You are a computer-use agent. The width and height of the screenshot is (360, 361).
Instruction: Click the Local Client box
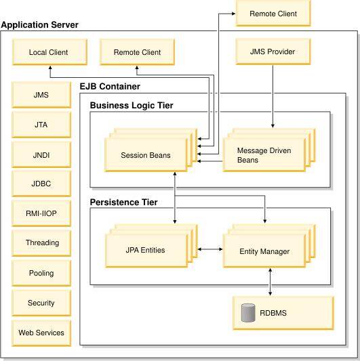click(49, 52)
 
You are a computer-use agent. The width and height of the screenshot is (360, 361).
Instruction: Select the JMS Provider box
click(273, 51)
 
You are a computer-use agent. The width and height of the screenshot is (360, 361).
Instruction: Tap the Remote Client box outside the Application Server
click(273, 13)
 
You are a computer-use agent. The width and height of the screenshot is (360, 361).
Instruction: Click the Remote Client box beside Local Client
click(137, 52)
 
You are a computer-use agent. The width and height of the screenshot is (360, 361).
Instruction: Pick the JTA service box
click(41, 125)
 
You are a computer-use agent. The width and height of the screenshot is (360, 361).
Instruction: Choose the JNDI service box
click(41, 154)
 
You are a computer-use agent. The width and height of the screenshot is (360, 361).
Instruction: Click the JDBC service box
click(41, 184)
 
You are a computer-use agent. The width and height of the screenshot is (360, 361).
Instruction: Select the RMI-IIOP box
click(41, 213)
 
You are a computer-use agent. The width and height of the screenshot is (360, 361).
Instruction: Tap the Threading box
click(41, 243)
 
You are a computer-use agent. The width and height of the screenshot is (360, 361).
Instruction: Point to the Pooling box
click(41, 273)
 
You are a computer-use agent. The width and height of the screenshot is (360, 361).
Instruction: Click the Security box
click(41, 303)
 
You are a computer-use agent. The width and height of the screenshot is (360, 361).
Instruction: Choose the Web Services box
click(41, 333)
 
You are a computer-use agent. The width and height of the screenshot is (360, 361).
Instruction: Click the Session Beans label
click(146, 155)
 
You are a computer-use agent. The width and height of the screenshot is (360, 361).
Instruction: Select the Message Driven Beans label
click(264, 155)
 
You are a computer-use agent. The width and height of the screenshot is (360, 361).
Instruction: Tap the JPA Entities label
click(146, 250)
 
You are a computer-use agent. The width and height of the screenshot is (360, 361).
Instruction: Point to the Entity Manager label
click(264, 251)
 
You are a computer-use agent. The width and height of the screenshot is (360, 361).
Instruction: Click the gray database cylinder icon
click(248, 313)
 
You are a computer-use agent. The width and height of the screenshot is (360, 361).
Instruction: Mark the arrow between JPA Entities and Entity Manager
click(210, 249)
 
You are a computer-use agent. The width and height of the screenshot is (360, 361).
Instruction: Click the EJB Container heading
click(110, 87)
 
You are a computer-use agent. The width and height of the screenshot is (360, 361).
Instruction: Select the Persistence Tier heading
click(124, 202)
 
